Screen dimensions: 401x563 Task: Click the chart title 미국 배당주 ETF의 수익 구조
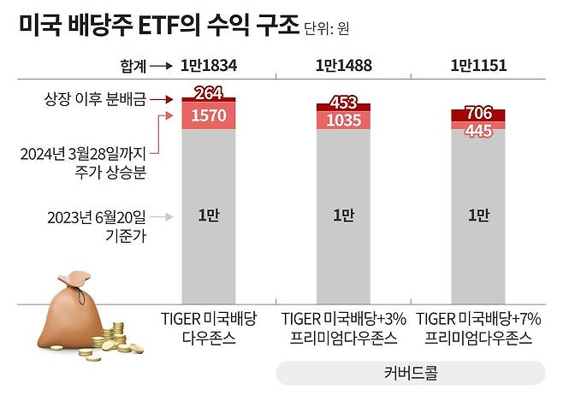click(x=157, y=26)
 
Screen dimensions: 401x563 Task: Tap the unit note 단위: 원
click(x=327, y=29)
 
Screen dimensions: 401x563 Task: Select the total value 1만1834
click(x=209, y=66)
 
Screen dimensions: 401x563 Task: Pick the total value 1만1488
click(x=342, y=66)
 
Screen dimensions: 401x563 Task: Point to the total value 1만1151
click(x=477, y=66)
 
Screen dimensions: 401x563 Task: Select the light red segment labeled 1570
click(x=209, y=116)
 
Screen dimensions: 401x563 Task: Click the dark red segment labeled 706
click(x=477, y=115)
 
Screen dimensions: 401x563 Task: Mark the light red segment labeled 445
click(x=477, y=130)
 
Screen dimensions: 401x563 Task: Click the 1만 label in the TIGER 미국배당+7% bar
click(x=477, y=216)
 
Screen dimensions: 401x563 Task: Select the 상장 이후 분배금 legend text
click(x=96, y=99)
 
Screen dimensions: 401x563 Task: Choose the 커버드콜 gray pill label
click(x=410, y=373)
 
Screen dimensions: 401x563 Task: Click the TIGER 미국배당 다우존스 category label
click(x=209, y=327)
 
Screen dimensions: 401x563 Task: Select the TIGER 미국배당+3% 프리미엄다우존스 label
click(x=342, y=327)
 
